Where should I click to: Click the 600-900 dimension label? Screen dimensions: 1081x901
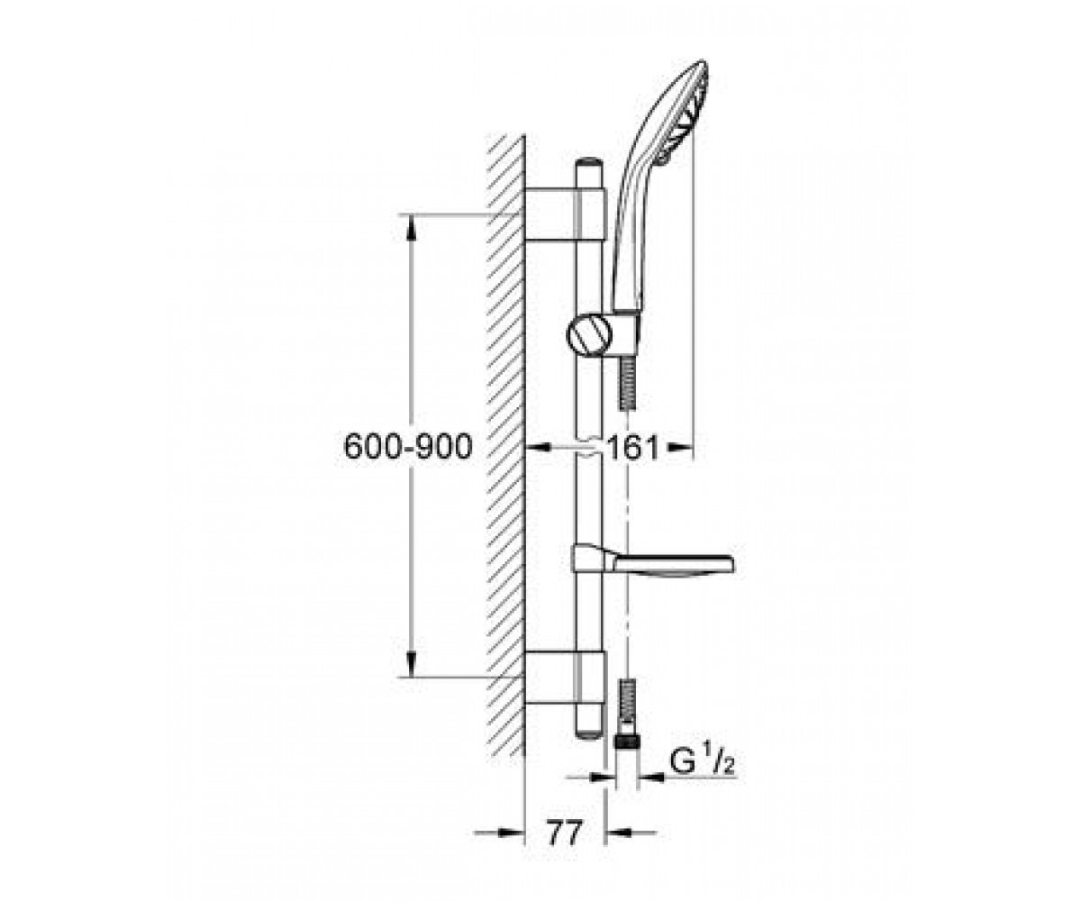408,446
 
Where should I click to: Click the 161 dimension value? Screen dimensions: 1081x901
632,448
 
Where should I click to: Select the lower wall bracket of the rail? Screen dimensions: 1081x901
565,677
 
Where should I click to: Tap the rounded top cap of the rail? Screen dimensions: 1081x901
588,161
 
